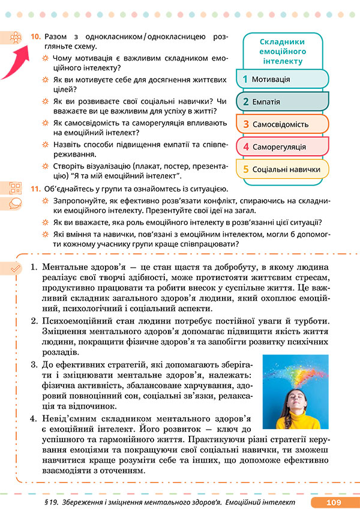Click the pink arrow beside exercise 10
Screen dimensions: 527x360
pyautogui.click(x=17, y=58)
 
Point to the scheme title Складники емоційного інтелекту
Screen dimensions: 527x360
pyautogui.click(x=281, y=51)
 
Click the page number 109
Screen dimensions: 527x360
pyautogui.click(x=334, y=503)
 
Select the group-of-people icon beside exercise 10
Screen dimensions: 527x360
pyautogui.click(x=15, y=37)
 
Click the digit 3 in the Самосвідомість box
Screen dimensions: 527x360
pyautogui.click(x=245, y=124)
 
